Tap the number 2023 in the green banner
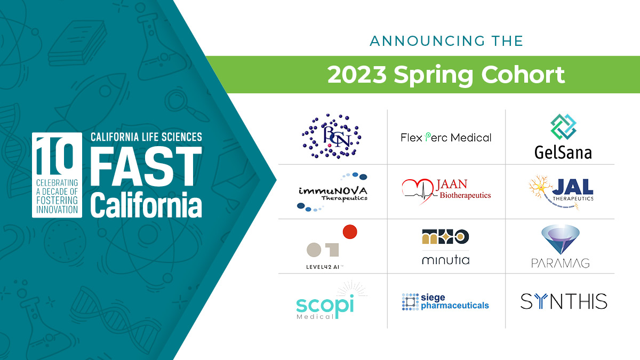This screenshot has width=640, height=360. (357, 75)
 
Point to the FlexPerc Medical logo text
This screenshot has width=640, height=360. (446, 138)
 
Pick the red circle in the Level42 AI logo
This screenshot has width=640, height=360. (349, 232)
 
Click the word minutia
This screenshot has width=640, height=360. (445, 260)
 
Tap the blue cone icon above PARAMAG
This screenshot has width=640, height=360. (559, 238)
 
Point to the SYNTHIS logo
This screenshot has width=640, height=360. (564, 301)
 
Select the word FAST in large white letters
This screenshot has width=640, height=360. (146, 168)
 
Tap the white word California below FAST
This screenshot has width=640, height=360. (146, 205)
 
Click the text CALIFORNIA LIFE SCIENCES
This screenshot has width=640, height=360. (146, 137)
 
